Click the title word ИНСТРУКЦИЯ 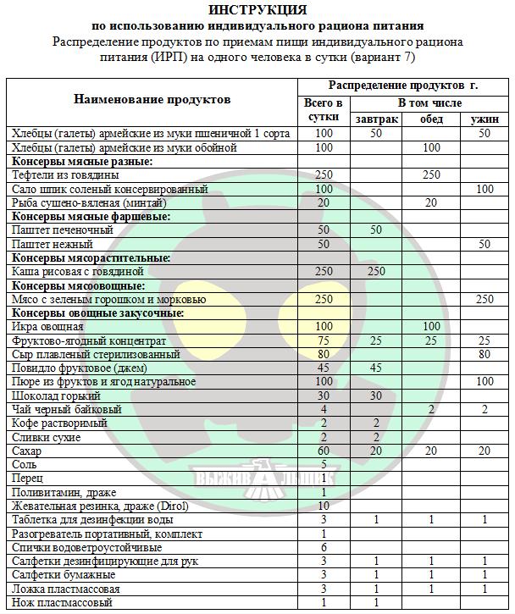pos(257,10)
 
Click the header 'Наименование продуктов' pos(152,100)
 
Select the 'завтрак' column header pos(376,119)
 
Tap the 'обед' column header pos(431,119)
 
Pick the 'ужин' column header pos(485,119)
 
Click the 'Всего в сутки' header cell pos(323,111)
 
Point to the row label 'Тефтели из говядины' pos(62,175)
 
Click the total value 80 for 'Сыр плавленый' pos(323,355)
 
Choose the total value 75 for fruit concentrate pos(323,340)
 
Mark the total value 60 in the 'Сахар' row pos(323,451)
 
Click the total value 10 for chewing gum pos(323,506)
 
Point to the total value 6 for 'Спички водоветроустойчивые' pos(323,547)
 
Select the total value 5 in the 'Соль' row pos(323,465)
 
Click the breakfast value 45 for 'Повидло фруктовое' pos(376,368)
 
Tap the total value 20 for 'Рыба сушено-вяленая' pos(323,203)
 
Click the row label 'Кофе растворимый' pos(59,423)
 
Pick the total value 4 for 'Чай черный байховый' pos(323,410)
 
